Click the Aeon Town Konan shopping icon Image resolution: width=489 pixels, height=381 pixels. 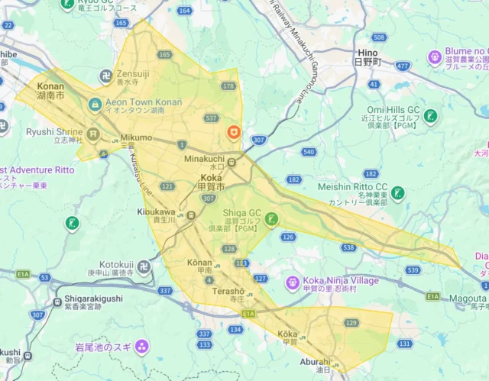tap(95, 105)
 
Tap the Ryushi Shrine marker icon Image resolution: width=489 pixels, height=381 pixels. tap(94, 134)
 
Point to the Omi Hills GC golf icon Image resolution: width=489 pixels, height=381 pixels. tap(432, 117)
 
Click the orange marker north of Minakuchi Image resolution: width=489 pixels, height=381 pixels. tap(234, 133)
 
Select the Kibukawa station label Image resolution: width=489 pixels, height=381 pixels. tap(157, 211)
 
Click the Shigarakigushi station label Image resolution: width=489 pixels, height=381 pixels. tap(83, 299)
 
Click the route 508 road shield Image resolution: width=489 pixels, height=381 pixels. tap(379, 37)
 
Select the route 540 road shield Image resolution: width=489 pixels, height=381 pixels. tap(309, 152)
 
